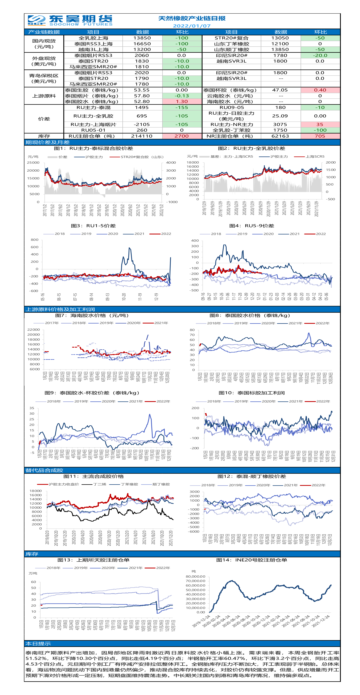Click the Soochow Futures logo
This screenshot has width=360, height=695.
[x=70, y=21]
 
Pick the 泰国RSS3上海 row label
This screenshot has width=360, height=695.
[x=93, y=44]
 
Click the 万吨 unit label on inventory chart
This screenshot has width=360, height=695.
[x=33, y=573]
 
